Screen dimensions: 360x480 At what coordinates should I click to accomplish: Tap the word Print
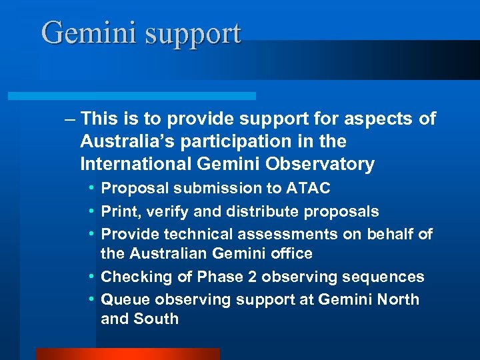119,212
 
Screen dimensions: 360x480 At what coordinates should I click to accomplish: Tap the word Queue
123,300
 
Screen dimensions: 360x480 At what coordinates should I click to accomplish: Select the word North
398,299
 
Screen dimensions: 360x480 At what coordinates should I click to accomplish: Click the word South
156,319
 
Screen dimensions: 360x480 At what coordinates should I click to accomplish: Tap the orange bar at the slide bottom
127,354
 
